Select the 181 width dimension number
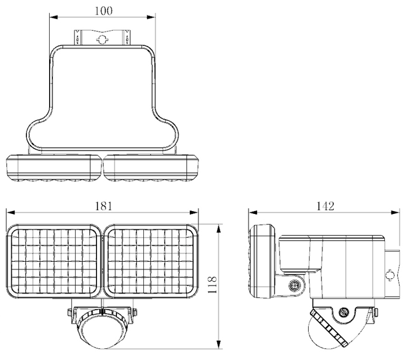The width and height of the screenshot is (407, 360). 103,206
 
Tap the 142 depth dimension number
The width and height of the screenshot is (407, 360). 326,206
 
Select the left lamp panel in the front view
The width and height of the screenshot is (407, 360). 54,261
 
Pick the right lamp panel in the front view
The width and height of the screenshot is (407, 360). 150,261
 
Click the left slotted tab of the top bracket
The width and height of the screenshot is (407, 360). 78,37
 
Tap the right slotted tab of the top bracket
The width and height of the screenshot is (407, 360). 127,37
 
